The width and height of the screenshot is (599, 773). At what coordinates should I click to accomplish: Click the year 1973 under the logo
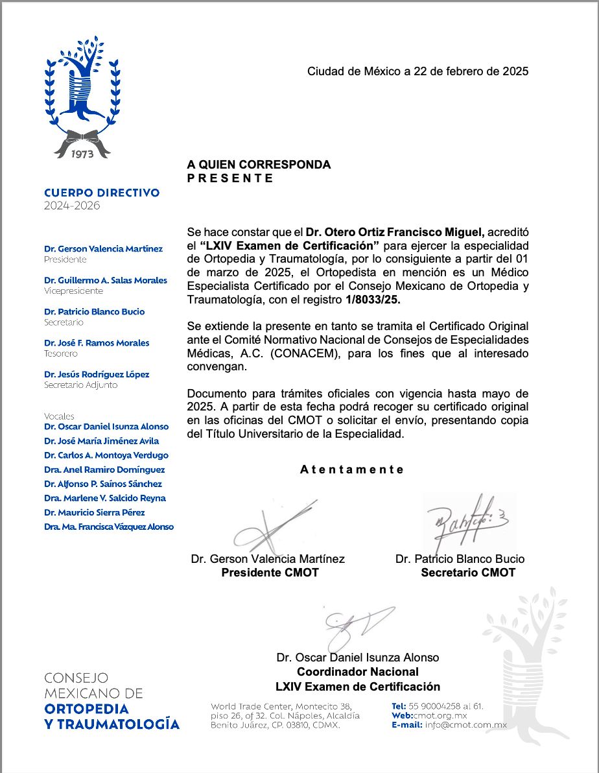(x=82, y=154)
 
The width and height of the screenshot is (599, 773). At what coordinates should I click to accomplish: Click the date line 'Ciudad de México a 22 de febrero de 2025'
(x=417, y=71)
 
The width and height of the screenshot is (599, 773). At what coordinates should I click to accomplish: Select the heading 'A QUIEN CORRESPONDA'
(x=259, y=165)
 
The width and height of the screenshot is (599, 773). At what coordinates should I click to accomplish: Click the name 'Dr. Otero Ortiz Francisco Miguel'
(x=383, y=232)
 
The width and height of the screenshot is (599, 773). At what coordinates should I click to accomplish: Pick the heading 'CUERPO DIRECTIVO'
(x=102, y=193)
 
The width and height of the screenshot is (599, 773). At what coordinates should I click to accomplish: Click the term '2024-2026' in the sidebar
(x=72, y=206)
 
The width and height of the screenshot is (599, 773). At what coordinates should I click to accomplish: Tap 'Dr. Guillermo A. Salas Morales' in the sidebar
(x=106, y=280)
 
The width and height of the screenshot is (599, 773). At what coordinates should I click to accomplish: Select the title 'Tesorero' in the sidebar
(x=61, y=353)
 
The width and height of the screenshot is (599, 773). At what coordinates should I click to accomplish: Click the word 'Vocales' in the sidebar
(x=59, y=416)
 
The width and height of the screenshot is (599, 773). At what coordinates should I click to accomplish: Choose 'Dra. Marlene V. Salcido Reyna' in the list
(x=105, y=498)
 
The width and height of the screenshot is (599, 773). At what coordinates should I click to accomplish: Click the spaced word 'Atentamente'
(x=352, y=470)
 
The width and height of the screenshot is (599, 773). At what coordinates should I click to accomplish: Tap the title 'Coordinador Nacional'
(x=357, y=672)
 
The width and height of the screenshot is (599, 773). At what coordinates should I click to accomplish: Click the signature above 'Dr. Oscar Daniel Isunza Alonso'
(x=356, y=626)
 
